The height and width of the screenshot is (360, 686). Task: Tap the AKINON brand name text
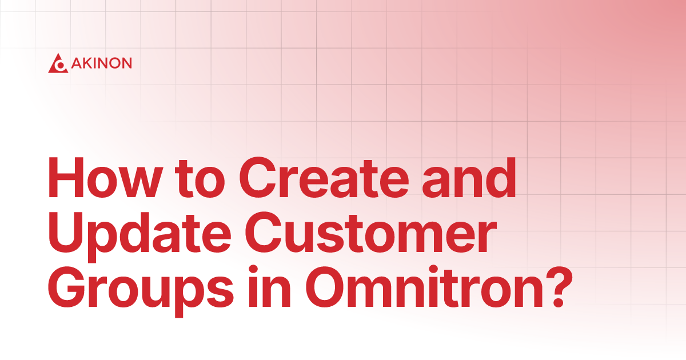pyautogui.click(x=102, y=63)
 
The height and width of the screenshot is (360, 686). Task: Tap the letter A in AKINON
pyautogui.click(x=77, y=63)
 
